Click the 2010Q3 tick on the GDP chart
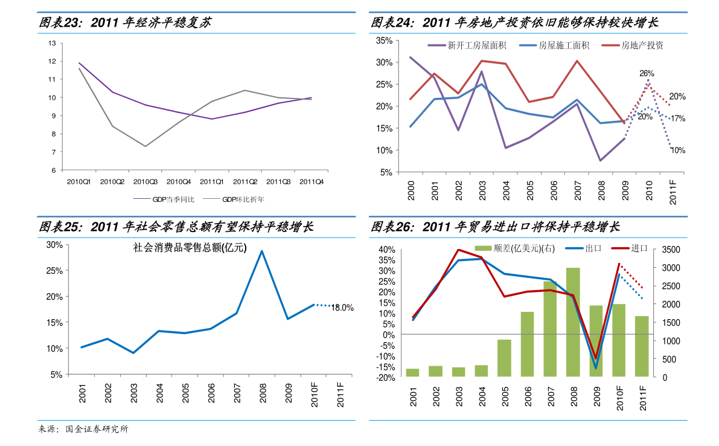(145, 181)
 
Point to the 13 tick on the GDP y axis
(52, 44)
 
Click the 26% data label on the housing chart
(647, 73)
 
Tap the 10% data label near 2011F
(677, 150)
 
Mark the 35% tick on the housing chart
(384, 40)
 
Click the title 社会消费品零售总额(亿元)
(190, 247)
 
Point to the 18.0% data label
(342, 308)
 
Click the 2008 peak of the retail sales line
(261, 251)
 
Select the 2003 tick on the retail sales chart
(133, 393)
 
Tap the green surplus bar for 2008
(573, 322)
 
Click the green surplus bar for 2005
(504, 358)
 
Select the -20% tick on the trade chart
(384, 378)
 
